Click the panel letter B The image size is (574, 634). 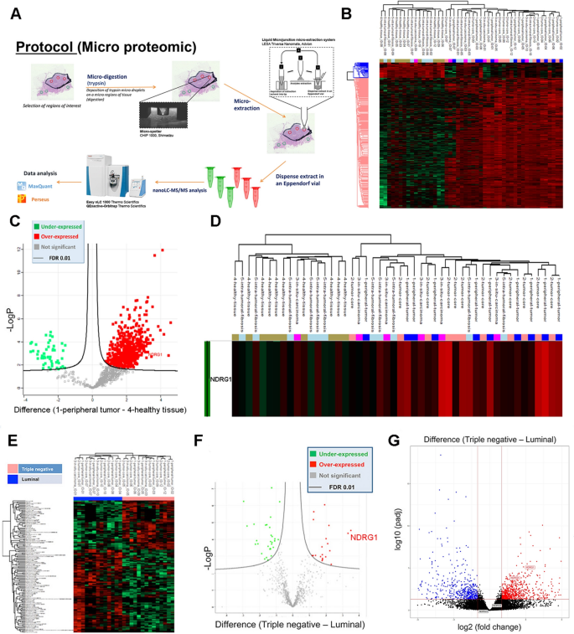(x=347, y=12)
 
